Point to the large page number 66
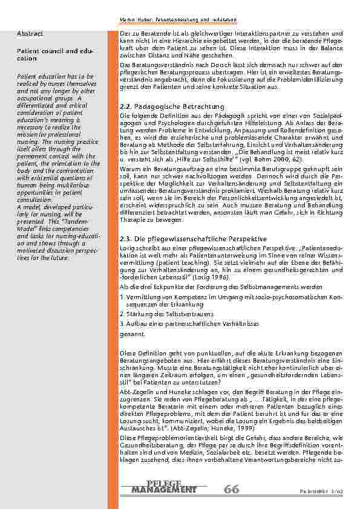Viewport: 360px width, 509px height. [x=231, y=489]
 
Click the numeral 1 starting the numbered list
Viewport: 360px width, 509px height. [x=122, y=297]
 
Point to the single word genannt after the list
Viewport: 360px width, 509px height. [x=132, y=333]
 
